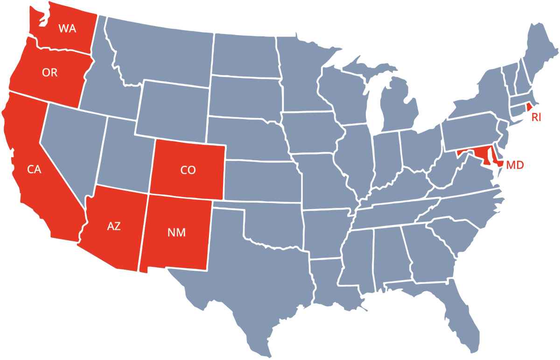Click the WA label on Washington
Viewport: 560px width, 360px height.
67,28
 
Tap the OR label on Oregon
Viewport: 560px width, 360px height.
50,73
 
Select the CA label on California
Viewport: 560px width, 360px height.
34,169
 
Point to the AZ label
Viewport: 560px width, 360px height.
114,226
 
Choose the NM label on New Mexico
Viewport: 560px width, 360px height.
176,233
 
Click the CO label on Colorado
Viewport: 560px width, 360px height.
188,170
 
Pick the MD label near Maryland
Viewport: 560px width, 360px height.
515,165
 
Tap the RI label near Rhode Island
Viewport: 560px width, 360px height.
536,117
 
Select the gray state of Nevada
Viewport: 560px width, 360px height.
70,145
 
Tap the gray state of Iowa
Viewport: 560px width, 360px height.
310,133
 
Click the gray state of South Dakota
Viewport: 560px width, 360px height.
245,96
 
